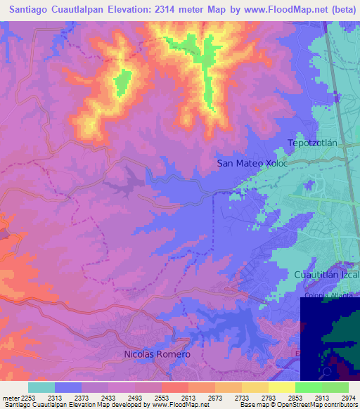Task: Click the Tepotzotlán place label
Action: (x=314, y=143)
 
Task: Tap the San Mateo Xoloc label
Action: (x=252, y=163)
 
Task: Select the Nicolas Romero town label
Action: (x=157, y=354)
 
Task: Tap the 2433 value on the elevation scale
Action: (x=109, y=398)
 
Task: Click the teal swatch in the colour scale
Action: (x=41, y=387)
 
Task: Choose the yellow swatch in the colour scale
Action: (x=281, y=387)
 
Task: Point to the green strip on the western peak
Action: (x=123, y=83)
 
